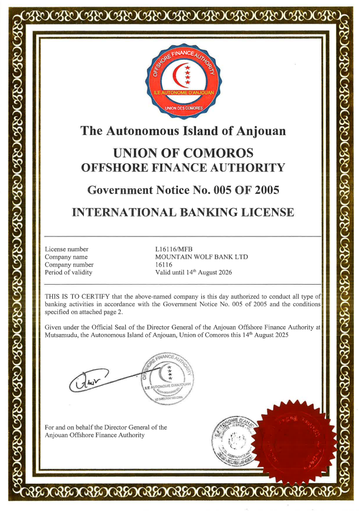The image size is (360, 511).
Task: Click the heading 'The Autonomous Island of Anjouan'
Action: [183, 131]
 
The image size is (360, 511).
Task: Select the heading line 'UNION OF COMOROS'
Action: [183, 153]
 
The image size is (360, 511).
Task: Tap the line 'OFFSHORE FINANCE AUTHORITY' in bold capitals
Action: [183, 168]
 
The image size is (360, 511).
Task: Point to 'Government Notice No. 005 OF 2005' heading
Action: [183, 189]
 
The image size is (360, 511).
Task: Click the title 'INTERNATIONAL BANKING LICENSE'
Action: [183, 213]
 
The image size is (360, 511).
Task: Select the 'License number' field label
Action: [66, 249]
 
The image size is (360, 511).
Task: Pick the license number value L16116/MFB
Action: [173, 249]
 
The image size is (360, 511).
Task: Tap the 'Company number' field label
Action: [69, 265]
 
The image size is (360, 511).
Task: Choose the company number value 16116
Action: [163, 265]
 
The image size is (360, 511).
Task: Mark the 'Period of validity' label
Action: [68, 273]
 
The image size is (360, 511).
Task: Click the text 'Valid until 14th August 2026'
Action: [193, 272]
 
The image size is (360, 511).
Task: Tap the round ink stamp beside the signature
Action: [168, 378]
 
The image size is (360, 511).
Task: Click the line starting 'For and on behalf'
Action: [105, 427]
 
